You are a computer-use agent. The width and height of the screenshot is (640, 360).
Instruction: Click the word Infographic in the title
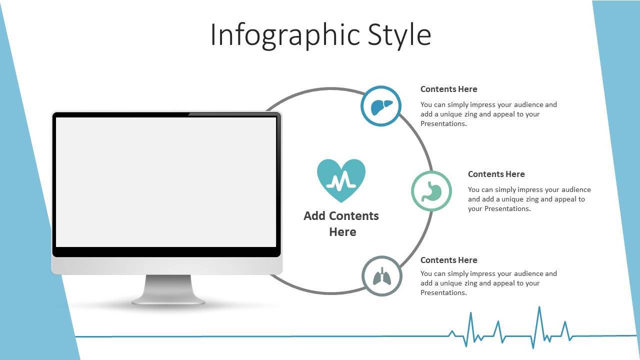tap(285, 35)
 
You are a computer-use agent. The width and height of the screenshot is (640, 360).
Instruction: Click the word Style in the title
tap(399, 35)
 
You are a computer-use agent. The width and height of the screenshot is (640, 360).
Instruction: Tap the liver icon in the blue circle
tap(381, 107)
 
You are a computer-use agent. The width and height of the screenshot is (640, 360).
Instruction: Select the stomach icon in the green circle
tap(431, 191)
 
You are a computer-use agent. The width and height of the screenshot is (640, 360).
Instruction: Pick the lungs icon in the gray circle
tap(382, 276)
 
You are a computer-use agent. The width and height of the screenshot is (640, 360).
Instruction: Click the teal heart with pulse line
tap(341, 180)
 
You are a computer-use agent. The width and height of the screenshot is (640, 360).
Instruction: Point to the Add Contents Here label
tap(341, 223)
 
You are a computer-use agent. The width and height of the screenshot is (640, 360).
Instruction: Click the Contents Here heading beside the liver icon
tap(449, 89)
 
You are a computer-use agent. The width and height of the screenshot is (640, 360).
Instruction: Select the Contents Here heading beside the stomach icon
tap(496, 174)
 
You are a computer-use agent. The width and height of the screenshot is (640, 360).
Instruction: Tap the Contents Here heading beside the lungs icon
tap(449, 260)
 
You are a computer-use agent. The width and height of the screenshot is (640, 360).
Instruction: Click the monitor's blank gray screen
tap(166, 182)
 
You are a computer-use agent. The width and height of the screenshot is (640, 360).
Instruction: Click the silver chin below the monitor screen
tap(167, 265)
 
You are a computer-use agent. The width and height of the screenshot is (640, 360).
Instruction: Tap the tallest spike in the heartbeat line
tap(539, 307)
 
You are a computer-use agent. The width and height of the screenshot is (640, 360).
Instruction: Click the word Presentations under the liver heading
tap(443, 123)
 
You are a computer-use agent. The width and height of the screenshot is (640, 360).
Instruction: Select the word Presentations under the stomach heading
tap(507, 209)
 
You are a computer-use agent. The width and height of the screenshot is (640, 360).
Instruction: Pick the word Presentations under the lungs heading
tap(443, 292)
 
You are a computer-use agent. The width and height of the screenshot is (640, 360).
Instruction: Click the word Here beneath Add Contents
tap(342, 232)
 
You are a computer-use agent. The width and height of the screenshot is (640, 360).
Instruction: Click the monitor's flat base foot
tap(168, 301)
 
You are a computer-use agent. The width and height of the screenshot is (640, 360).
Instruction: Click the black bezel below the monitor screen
tap(166, 251)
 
